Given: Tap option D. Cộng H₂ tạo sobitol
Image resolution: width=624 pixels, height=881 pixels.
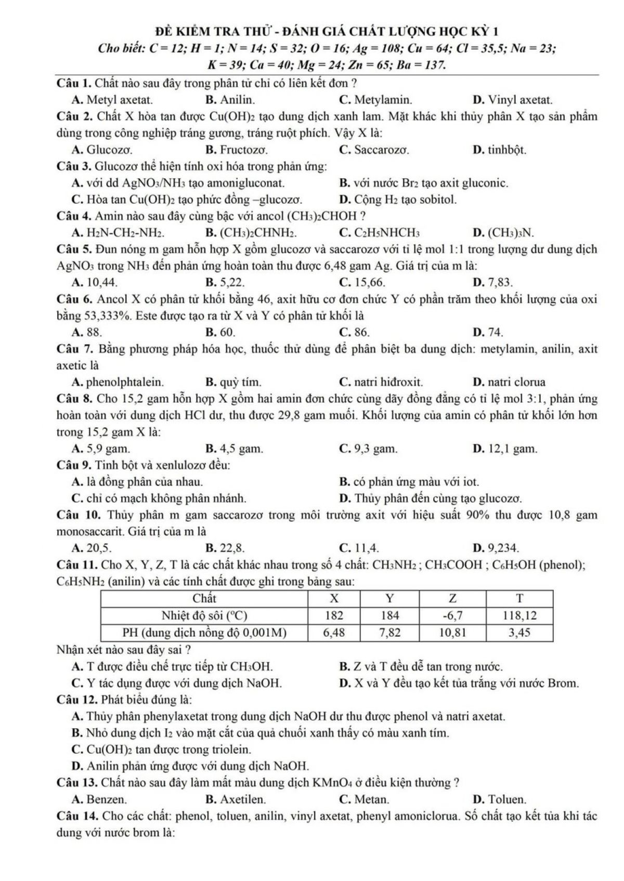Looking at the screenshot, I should pyautogui.click(x=398, y=199).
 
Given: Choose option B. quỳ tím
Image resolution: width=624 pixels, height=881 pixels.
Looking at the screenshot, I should pyautogui.click(x=233, y=382).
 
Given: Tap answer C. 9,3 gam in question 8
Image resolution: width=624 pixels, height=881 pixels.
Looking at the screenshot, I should pyautogui.click(x=368, y=448).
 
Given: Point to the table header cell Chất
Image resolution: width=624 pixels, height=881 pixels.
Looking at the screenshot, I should pyautogui.click(x=204, y=598).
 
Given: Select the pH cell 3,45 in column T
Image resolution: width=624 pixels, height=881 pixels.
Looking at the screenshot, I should pyautogui.click(x=519, y=633).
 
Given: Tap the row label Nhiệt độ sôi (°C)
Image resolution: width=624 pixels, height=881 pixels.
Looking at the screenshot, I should pyautogui.click(x=204, y=615).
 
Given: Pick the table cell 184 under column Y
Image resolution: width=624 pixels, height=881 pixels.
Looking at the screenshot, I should pyautogui.click(x=390, y=615).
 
